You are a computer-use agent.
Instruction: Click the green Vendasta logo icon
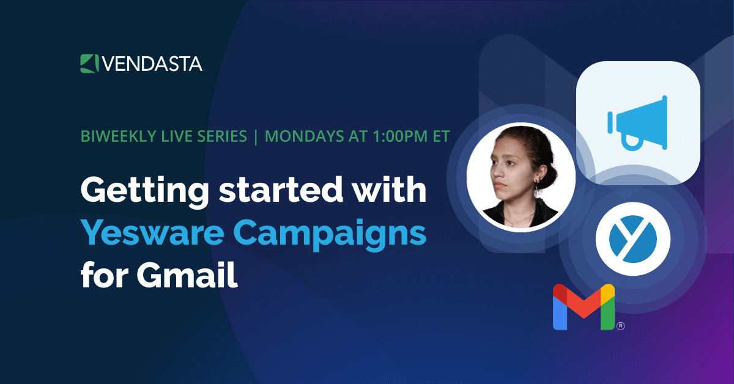click(x=89, y=64)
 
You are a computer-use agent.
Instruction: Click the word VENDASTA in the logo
click(x=152, y=64)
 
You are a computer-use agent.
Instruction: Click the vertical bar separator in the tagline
click(x=256, y=137)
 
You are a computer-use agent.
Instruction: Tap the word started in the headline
click(x=281, y=190)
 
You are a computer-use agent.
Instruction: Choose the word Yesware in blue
click(x=152, y=232)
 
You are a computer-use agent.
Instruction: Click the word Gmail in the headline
click(x=187, y=274)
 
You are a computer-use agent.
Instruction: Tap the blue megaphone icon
click(x=637, y=123)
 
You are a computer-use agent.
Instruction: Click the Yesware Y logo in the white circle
click(x=633, y=239)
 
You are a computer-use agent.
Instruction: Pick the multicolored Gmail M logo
click(x=584, y=307)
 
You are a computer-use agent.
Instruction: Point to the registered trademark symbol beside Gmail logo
click(x=621, y=326)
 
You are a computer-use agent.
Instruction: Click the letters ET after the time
click(x=441, y=136)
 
